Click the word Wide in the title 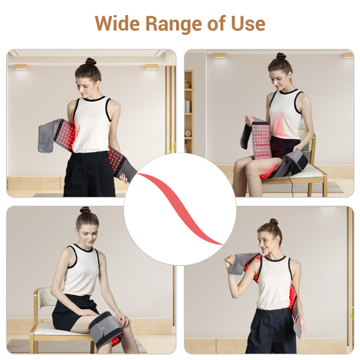click(x=118, y=23)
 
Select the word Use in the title click(x=247, y=23)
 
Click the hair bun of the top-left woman click(x=90, y=61)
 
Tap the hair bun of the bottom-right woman click(x=274, y=221)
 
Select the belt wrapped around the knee click(x=105, y=329)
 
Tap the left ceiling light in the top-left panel click(x=21, y=67)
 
